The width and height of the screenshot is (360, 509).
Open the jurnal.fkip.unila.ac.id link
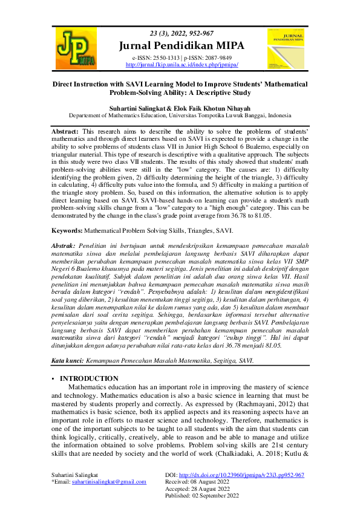tap(182, 64)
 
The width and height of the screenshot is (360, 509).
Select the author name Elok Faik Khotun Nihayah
tap(208, 106)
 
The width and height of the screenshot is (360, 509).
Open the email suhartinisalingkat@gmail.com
tap(109, 482)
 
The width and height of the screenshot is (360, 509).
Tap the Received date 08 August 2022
tap(221, 482)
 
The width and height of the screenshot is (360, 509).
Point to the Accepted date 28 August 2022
tap(221, 488)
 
